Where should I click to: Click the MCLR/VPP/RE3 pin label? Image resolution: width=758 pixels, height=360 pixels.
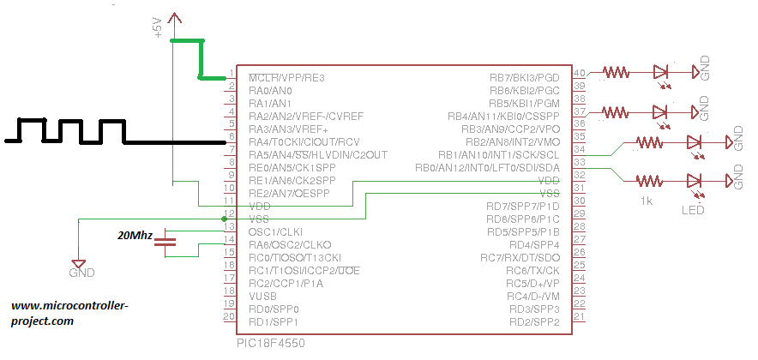click(x=287, y=78)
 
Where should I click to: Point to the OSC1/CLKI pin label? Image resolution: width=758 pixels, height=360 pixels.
click(x=277, y=231)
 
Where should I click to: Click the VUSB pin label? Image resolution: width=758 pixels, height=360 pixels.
click(x=264, y=296)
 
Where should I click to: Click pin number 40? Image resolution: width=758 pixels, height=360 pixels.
click(x=580, y=73)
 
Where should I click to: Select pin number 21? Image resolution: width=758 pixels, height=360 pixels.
click(x=580, y=316)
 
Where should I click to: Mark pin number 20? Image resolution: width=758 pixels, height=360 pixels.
click(x=228, y=316)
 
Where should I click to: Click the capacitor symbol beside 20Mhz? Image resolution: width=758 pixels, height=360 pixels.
click(x=168, y=243)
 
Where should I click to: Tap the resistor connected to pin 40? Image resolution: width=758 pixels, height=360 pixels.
click(x=617, y=73)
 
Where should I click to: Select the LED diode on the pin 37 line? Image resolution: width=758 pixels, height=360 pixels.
click(x=660, y=112)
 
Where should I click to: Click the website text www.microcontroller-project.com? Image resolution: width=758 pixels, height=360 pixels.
click(x=69, y=312)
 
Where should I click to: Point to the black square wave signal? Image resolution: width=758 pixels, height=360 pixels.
click(x=77, y=131)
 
